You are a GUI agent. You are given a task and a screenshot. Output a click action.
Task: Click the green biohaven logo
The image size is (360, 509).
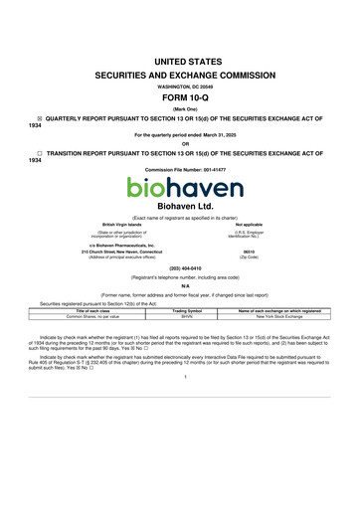click(179, 186)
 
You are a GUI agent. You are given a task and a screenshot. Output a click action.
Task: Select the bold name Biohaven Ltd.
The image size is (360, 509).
click(179, 205)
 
